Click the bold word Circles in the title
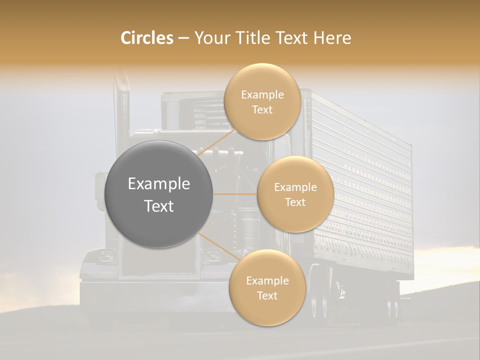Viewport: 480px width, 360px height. [147, 38]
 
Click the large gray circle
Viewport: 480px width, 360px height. [159, 194]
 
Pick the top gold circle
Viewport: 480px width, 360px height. [262, 101]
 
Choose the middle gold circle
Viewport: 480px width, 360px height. [295, 194]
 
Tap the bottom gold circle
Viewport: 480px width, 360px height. [267, 287]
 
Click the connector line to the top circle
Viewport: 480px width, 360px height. [217, 142]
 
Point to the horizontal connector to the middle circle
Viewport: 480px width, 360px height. [235, 194]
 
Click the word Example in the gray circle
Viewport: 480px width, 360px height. [159, 184]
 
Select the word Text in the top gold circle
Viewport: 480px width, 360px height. [262, 109]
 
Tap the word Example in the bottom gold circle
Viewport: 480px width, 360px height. [267, 280]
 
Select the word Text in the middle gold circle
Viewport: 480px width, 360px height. [295, 202]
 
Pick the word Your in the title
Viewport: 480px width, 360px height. [210, 38]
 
